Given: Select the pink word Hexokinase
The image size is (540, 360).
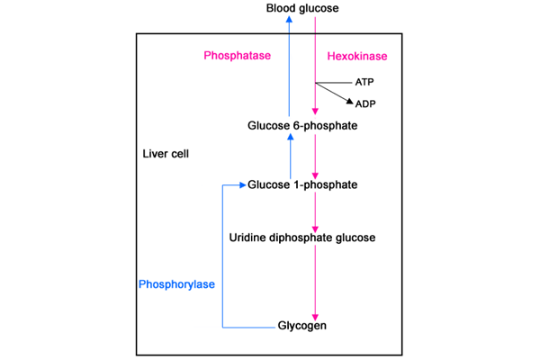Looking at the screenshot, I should [x=356, y=57].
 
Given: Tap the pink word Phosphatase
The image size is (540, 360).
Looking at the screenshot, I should [x=238, y=56].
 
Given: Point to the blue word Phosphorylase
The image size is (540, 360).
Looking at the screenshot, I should [x=175, y=284].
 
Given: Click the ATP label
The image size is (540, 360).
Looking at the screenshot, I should [x=365, y=81].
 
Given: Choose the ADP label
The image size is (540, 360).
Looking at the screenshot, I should [x=366, y=103].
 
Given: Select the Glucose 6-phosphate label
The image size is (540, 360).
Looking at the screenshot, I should [x=302, y=126].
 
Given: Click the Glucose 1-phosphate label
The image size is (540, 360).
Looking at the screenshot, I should [x=302, y=185].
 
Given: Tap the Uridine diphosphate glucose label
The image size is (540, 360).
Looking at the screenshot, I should [x=302, y=238].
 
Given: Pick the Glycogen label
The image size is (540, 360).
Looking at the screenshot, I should [x=301, y=326].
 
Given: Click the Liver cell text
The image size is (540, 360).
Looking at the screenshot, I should [x=166, y=154].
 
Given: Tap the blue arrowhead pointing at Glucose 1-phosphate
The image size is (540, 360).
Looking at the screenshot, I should [x=241, y=185].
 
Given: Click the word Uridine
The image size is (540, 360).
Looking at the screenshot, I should [x=247, y=238].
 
